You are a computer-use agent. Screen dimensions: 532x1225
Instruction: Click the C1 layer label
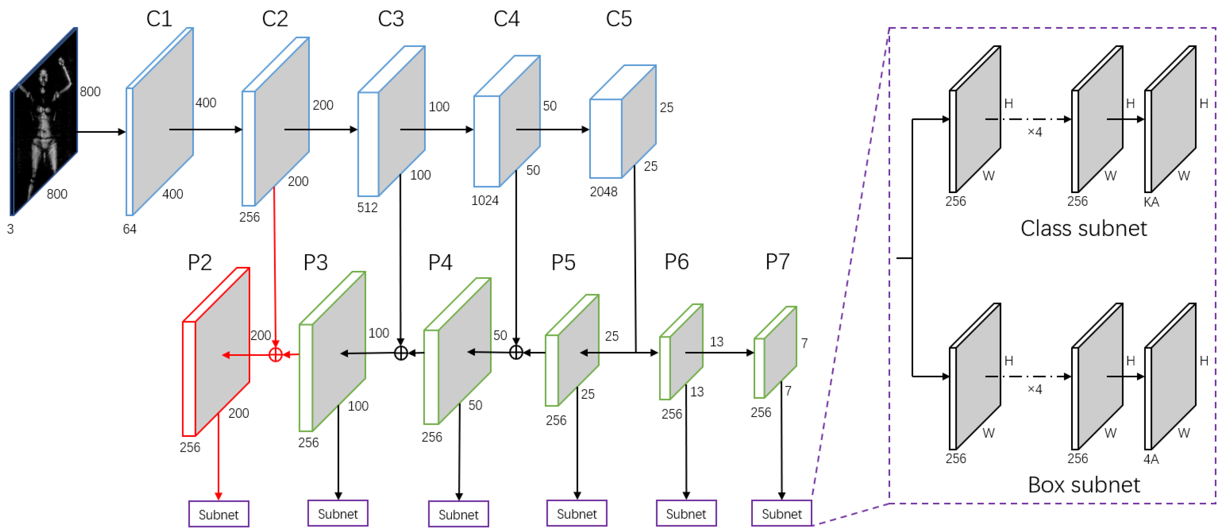(x=159, y=19)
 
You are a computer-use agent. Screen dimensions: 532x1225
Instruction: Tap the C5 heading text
(x=618, y=19)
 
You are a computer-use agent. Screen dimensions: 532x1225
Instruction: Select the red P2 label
(x=199, y=262)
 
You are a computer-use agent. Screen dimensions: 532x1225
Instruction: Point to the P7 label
(x=777, y=262)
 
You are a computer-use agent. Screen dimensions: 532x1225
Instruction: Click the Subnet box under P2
(x=218, y=514)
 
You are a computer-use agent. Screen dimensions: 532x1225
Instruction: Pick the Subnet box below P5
(x=576, y=513)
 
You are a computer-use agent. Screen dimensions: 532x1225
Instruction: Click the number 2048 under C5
(x=603, y=192)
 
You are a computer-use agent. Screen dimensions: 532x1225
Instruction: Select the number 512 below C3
(x=367, y=207)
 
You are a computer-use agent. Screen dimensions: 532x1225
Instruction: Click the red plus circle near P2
(x=275, y=355)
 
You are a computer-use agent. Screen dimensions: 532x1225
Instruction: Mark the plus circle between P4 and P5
(x=516, y=352)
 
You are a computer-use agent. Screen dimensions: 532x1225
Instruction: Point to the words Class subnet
(x=1083, y=229)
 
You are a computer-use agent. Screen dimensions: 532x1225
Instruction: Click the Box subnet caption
(x=1083, y=485)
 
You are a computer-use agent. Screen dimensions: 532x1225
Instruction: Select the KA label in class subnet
(x=1151, y=202)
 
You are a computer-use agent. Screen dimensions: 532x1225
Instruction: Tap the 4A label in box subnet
(x=1151, y=459)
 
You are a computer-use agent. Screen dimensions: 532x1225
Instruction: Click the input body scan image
(x=44, y=121)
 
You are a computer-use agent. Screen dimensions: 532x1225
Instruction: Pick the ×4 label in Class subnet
(x=1034, y=132)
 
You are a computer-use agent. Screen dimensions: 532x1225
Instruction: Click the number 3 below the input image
(x=11, y=229)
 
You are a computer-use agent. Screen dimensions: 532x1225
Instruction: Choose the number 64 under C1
(x=129, y=229)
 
